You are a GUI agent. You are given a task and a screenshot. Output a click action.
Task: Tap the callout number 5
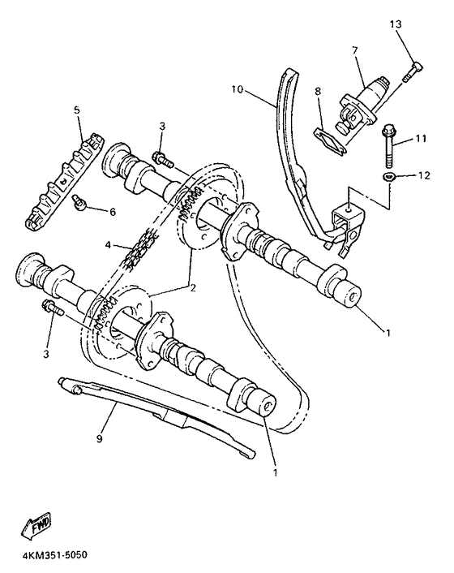click(x=78, y=110)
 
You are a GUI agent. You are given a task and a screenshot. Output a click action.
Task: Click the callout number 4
click(x=109, y=243)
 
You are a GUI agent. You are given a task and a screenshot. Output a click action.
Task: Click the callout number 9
click(x=101, y=439)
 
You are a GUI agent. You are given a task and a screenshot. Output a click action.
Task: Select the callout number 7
click(x=354, y=50)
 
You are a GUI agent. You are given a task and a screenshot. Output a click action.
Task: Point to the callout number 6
click(x=113, y=212)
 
